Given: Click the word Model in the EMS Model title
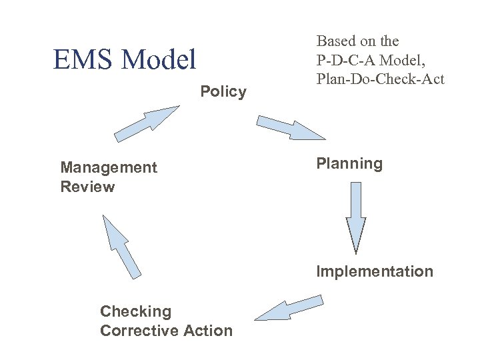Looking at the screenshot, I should [157, 60].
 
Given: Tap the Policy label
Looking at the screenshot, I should [223, 92].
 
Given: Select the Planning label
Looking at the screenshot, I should [349, 164].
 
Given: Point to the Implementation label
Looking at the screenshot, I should [374, 271].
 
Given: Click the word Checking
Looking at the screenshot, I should [135, 311].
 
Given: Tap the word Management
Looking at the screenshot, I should [109, 167].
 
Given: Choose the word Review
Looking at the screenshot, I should [87, 187].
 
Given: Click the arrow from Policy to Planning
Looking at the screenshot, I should [291, 127].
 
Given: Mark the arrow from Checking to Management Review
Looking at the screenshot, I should [122, 247].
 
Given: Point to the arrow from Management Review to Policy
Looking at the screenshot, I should [146, 124].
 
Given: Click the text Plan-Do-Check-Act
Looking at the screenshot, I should [380, 79].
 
